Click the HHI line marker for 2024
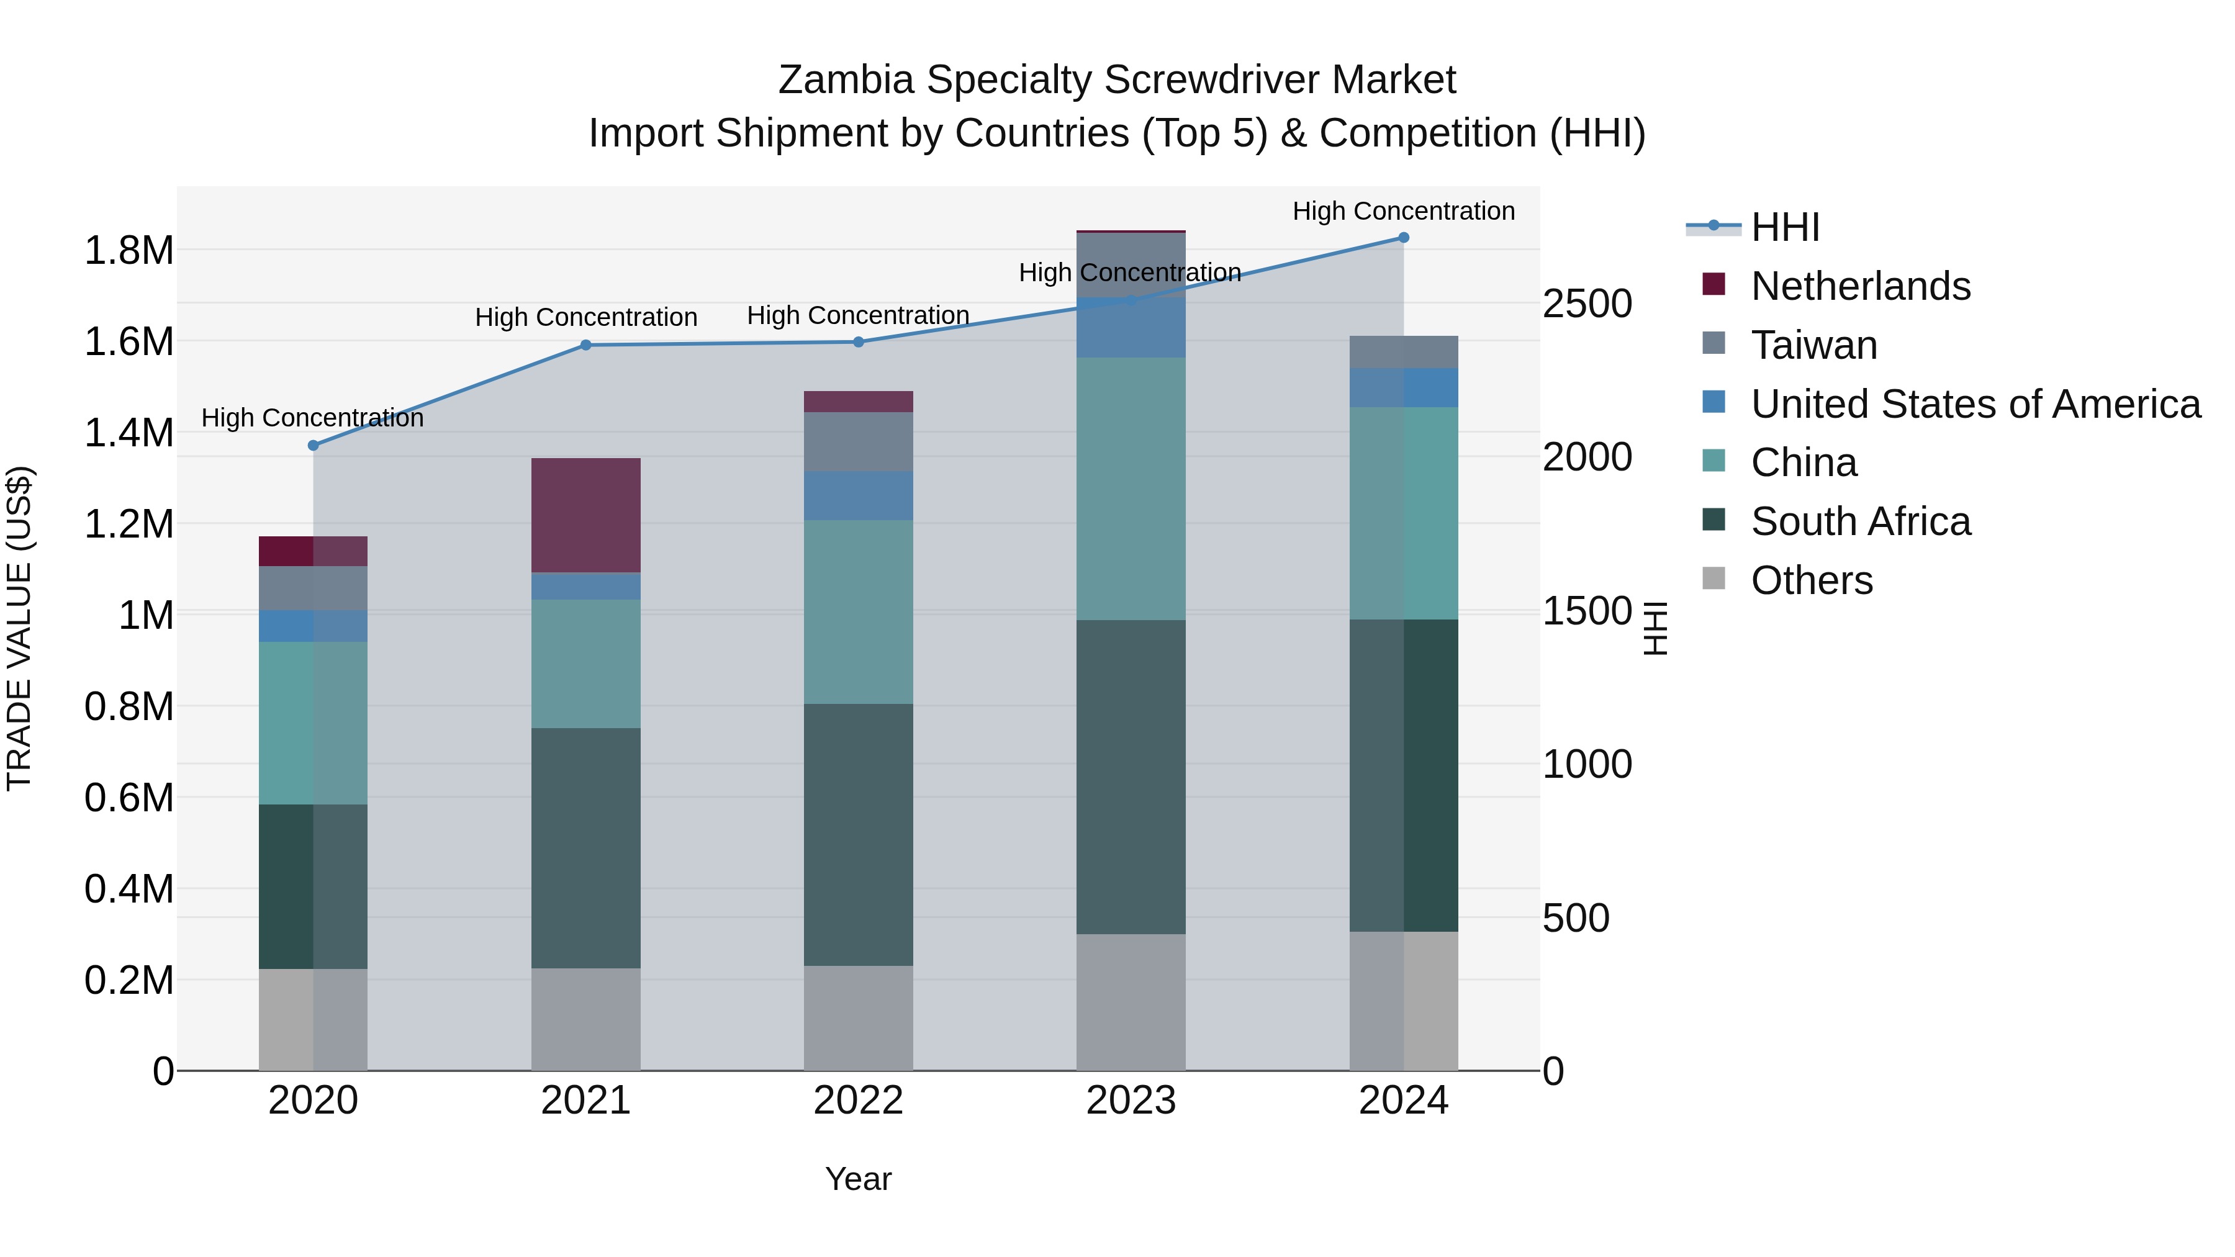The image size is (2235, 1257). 1403,238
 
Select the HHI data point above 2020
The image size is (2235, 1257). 314,445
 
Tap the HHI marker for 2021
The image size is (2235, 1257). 585,345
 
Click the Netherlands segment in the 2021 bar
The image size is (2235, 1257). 585,515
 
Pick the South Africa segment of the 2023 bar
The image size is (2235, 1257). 1131,777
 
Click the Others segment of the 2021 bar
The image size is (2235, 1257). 585,1019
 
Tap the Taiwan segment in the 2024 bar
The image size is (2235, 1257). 1403,352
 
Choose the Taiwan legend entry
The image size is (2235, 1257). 1813,345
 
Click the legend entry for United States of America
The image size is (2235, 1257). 1975,404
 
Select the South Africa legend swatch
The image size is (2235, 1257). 1713,521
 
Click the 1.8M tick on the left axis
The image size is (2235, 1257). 129,251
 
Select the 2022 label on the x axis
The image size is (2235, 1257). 858,1101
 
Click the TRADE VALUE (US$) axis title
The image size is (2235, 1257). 19,628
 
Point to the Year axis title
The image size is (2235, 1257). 858,1179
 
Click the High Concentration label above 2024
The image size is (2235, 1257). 1403,212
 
